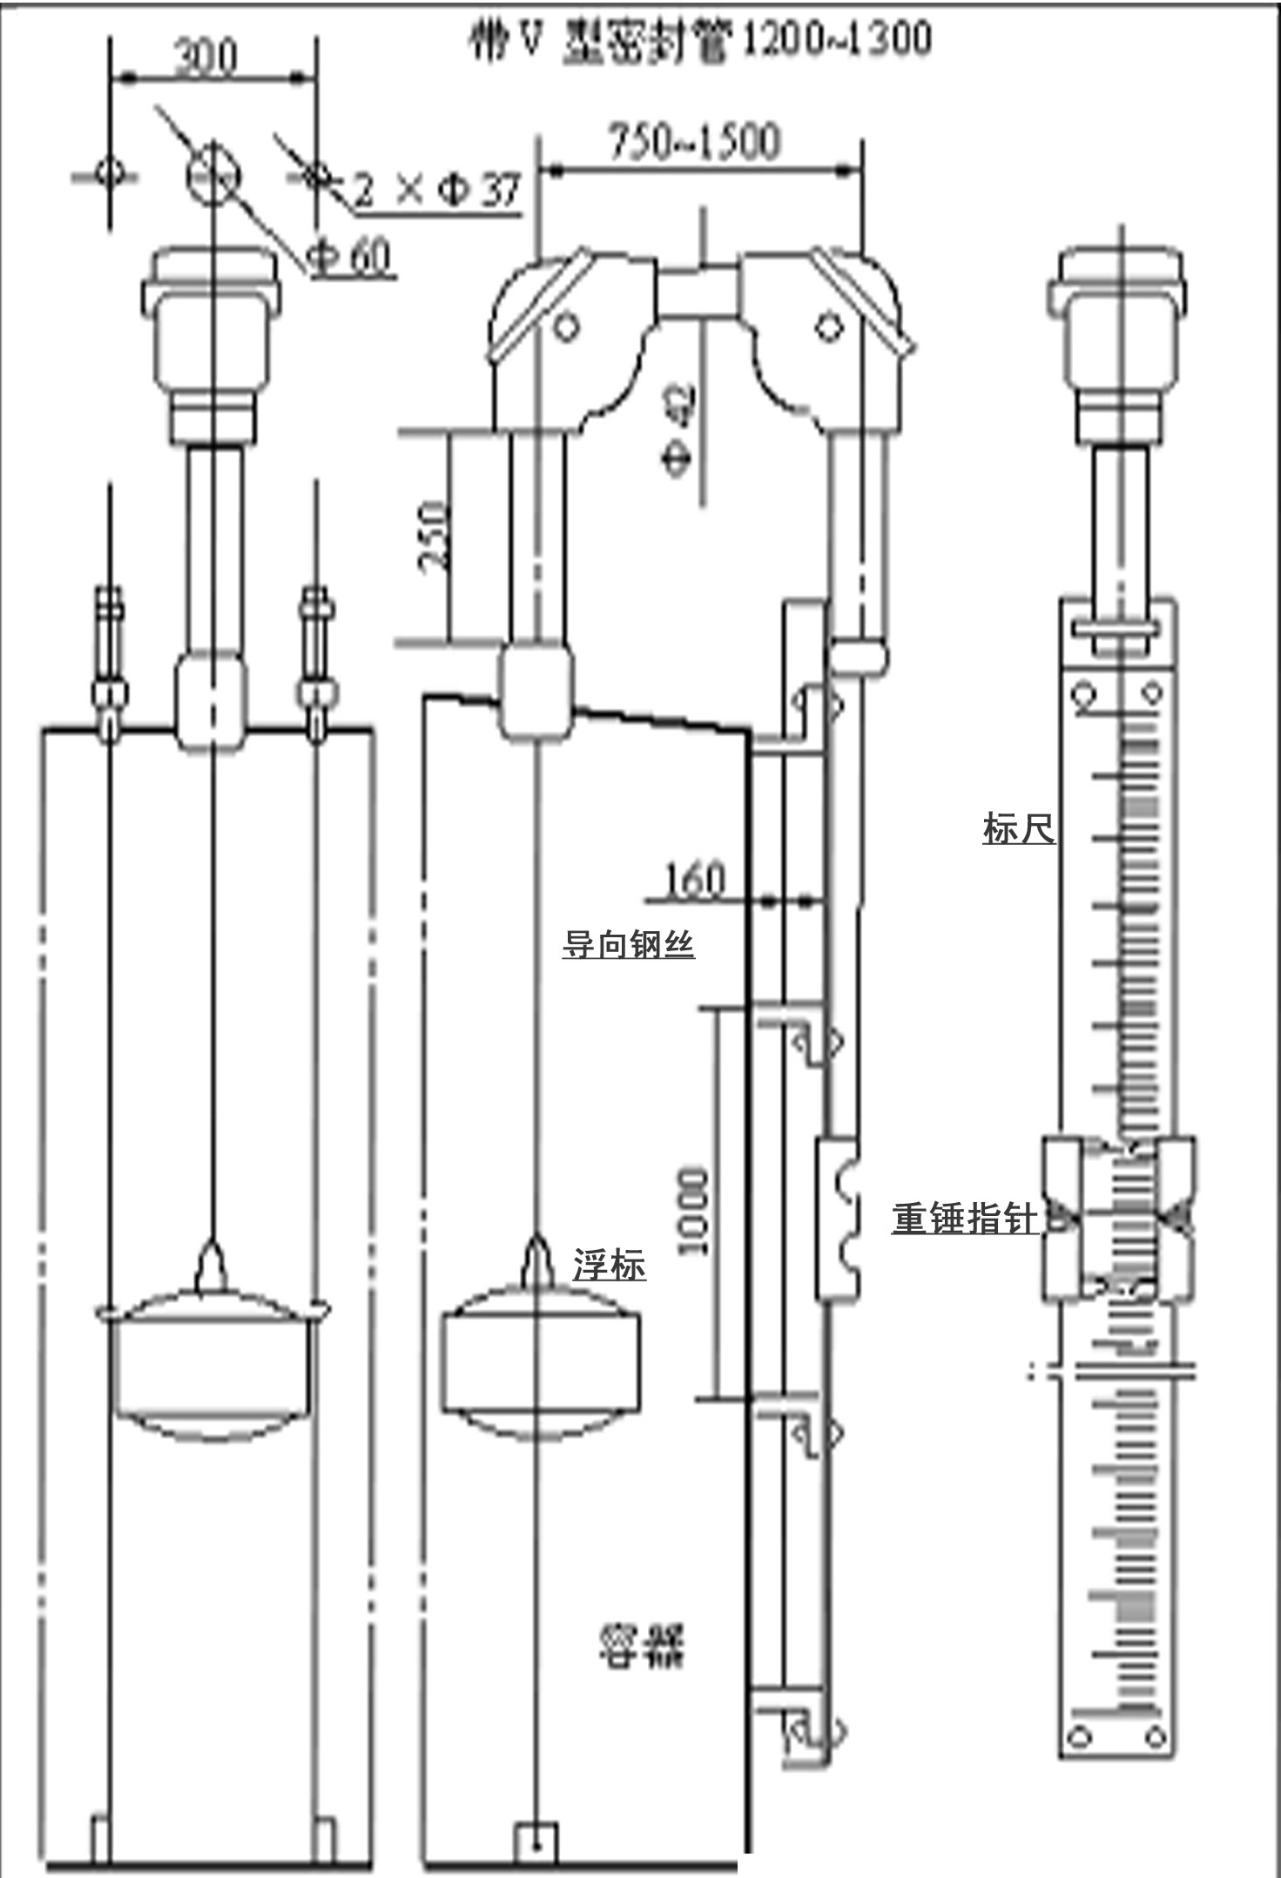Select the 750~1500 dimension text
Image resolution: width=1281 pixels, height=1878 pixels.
tap(694, 142)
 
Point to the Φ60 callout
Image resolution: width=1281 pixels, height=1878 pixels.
tap(351, 256)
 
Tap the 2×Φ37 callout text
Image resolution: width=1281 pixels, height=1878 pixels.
tap(438, 190)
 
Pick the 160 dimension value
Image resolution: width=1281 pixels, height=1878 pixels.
tap(694, 881)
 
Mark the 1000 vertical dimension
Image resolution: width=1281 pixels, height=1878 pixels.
tap(692, 1212)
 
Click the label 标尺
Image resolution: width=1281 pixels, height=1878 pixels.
tap(1018, 828)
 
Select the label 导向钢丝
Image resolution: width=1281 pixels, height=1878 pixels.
tap(628, 943)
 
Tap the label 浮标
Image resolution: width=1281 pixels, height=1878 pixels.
tap(610, 1265)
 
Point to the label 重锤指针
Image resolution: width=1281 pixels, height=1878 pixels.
tap(966, 1218)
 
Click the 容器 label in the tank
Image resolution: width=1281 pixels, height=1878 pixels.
tap(642, 1645)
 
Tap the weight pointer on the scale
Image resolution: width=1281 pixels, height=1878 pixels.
tap(1119, 1218)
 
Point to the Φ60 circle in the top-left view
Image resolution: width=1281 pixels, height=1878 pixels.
tap(213, 173)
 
